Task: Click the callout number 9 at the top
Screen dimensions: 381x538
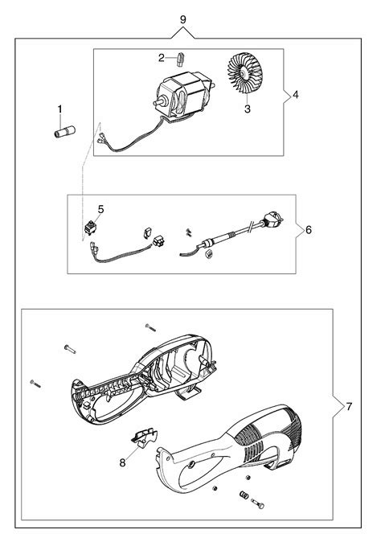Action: (x=183, y=19)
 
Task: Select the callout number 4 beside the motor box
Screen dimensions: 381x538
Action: (x=295, y=94)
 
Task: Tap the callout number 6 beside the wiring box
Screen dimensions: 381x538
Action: (x=309, y=229)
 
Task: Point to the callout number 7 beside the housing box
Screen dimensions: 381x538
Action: (x=349, y=407)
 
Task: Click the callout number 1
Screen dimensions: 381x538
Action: (x=60, y=109)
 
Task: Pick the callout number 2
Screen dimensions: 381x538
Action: (x=162, y=58)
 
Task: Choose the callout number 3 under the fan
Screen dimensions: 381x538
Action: (x=248, y=109)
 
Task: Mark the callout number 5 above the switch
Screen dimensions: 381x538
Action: (x=100, y=209)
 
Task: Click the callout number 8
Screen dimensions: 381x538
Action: (x=122, y=462)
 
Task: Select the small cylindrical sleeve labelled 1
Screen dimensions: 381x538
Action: (x=65, y=132)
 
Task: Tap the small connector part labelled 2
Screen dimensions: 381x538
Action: (x=181, y=59)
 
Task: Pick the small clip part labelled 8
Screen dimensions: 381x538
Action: (x=144, y=438)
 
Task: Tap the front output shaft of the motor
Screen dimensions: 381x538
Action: (x=159, y=102)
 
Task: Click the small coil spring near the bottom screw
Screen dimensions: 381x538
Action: (x=244, y=495)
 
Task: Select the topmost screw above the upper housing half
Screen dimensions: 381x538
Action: (x=150, y=327)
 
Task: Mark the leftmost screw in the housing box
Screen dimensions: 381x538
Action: (x=35, y=384)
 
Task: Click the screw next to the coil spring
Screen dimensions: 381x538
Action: (x=257, y=503)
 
